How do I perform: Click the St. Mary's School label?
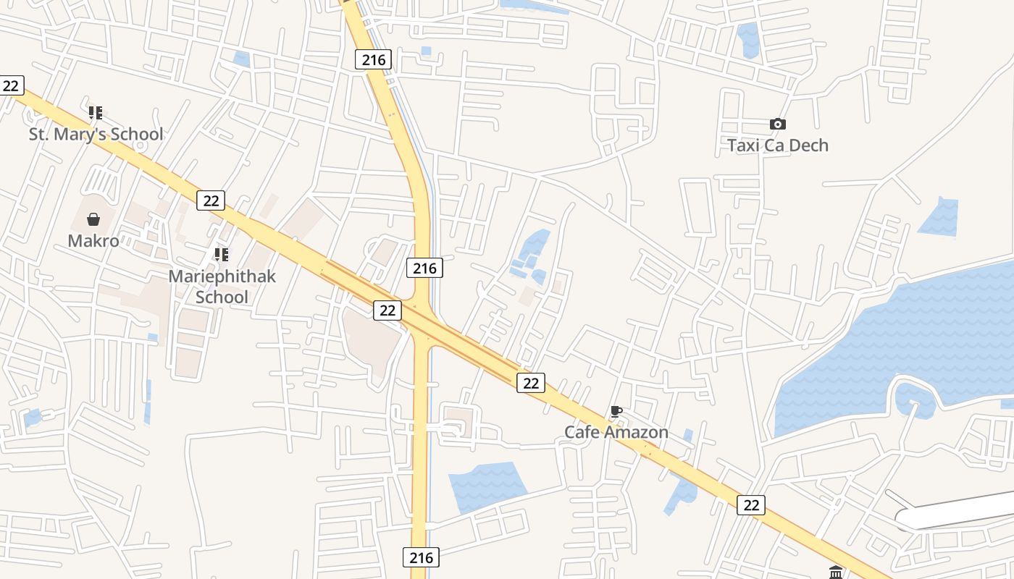coord(96,134)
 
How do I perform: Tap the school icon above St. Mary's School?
coord(96,113)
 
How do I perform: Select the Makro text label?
coord(93,240)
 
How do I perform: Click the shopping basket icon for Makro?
coord(93,219)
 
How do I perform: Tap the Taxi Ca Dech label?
coord(778,145)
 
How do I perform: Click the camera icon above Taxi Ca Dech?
coord(778,124)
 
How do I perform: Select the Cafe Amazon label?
coord(616,432)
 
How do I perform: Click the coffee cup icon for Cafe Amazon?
coord(616,412)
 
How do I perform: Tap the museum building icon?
coord(836,572)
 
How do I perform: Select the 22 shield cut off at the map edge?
coord(11,85)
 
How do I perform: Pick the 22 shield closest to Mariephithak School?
coord(211,200)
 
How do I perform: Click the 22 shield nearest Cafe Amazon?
coord(531,383)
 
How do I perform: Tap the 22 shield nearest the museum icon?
coord(751,504)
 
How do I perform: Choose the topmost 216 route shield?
coord(374,59)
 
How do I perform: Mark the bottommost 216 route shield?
coord(421,557)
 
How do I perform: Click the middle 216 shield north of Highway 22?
coord(424,268)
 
